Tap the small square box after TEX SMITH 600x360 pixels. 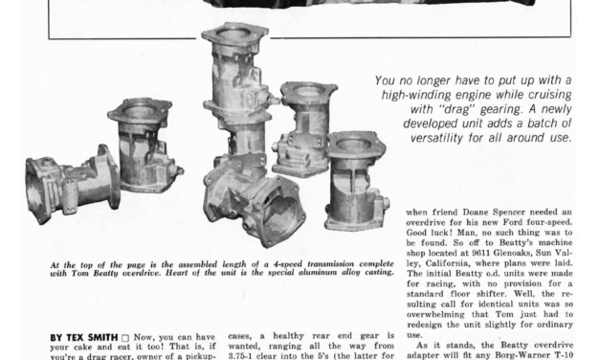[x=125, y=338]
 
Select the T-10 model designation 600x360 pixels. [x=565, y=355]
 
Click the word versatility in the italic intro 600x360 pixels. [x=436, y=138]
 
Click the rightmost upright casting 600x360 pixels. [x=357, y=181]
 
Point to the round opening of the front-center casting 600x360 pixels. [x=282, y=212]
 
